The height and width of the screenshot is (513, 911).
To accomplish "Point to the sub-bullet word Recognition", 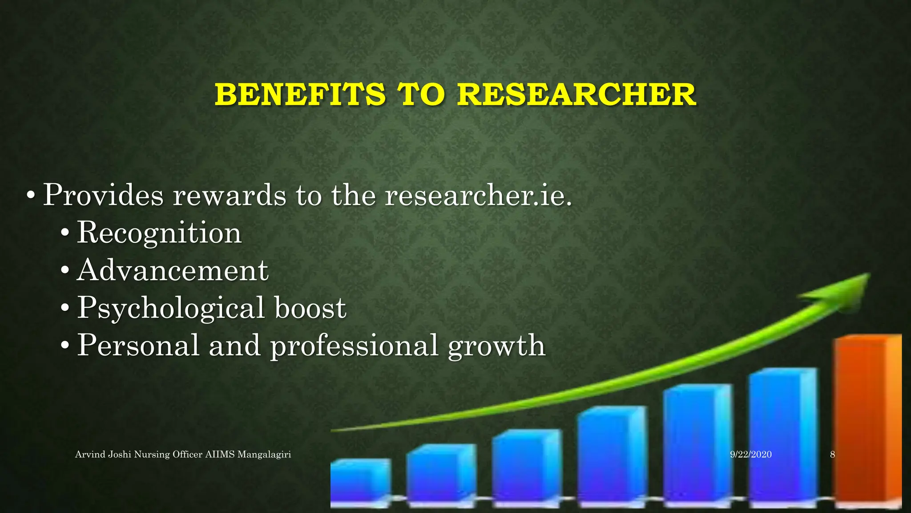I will click(x=159, y=233).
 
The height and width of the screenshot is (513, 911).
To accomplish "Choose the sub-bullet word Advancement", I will click(x=173, y=270).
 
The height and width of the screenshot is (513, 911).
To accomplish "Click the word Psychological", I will click(x=171, y=308).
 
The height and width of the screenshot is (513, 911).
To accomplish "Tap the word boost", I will click(x=310, y=308).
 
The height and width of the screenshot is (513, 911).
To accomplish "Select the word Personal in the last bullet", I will click(x=138, y=346).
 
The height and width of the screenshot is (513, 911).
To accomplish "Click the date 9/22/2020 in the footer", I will click(x=751, y=455).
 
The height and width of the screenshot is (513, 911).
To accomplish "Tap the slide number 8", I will click(x=832, y=455).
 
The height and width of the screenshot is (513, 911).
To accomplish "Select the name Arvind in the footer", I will click(x=90, y=455).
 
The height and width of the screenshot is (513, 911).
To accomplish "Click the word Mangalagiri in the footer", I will click(x=264, y=455).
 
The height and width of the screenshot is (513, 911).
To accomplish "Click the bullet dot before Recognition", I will click(x=65, y=233).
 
